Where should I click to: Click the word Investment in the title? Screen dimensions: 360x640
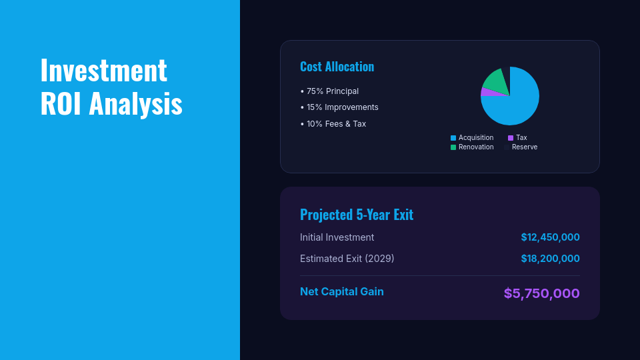[x=103, y=70]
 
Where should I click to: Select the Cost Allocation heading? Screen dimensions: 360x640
[x=337, y=67]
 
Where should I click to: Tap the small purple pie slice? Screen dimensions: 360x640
[x=487, y=92]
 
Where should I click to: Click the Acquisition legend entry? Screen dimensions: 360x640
[x=475, y=138]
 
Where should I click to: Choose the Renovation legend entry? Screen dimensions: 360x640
[x=475, y=147]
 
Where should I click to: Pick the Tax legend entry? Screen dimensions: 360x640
[x=521, y=138]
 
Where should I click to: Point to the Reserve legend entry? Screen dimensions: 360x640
[x=524, y=147]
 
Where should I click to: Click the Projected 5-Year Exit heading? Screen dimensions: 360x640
[x=356, y=215]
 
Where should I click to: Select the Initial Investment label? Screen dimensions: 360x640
[x=337, y=237]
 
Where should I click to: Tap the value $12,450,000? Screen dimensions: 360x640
[x=550, y=237]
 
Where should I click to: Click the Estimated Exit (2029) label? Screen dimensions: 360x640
[x=347, y=259]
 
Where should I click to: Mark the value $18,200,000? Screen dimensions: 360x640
[x=550, y=259]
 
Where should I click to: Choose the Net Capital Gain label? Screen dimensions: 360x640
[x=341, y=291]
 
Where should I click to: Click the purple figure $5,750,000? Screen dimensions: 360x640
[x=541, y=293]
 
